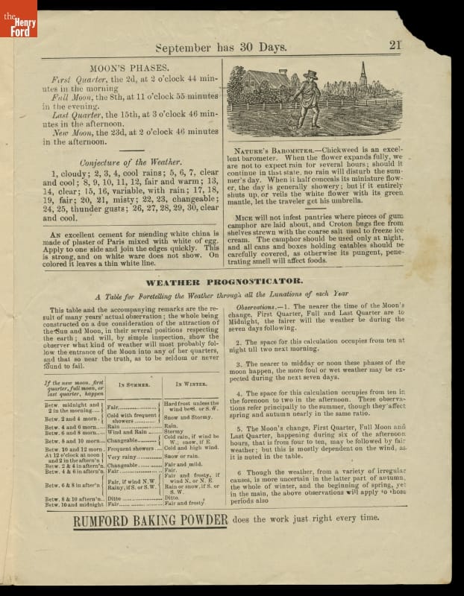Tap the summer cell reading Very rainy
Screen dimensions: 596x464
pos(123,457)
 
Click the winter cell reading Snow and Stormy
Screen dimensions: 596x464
pos(189,418)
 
